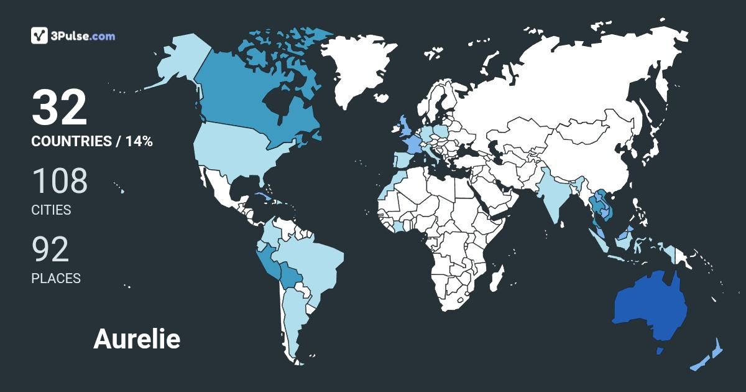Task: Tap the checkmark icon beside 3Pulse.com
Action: [40, 35]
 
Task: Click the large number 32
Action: [60, 108]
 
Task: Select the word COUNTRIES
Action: [71, 141]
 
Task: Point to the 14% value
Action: [139, 141]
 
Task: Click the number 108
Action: [60, 181]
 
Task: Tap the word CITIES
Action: [51, 210]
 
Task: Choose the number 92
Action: [50, 250]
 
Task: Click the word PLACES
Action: [56, 278]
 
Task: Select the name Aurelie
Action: [137, 339]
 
